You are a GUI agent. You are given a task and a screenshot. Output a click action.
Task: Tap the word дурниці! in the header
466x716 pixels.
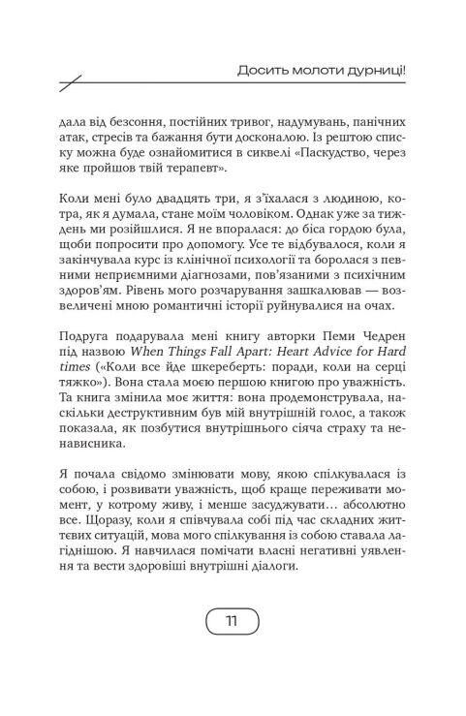(x=372, y=70)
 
